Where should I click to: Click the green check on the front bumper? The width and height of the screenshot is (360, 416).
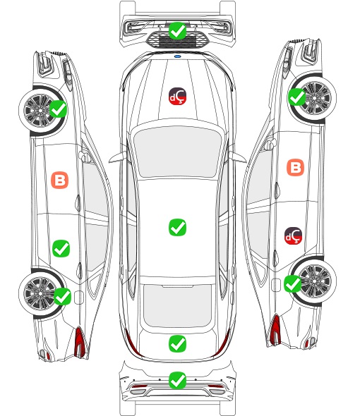pyautogui.click(x=177, y=31)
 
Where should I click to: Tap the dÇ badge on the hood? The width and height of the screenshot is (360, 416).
pyautogui.click(x=177, y=96)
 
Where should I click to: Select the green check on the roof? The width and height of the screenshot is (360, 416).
pyautogui.click(x=177, y=227)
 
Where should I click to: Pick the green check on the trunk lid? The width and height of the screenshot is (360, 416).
pyautogui.click(x=177, y=344)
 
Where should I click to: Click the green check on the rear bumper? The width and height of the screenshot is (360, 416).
pyautogui.click(x=177, y=381)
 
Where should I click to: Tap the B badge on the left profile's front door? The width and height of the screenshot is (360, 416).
pyautogui.click(x=60, y=180)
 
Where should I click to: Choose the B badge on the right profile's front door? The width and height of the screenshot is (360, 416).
pyautogui.click(x=296, y=167)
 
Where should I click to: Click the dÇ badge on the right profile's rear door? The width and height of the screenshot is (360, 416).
pyautogui.click(x=294, y=235)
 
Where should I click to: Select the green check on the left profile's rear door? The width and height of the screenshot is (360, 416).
pyautogui.click(x=61, y=248)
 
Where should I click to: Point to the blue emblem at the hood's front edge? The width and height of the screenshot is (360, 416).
pyautogui.click(x=177, y=56)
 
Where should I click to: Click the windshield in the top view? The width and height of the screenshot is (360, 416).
pyautogui.click(x=177, y=152)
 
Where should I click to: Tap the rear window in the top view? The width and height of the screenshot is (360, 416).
pyautogui.click(x=177, y=305)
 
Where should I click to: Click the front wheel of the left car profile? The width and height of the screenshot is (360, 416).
pyautogui.click(x=40, y=109)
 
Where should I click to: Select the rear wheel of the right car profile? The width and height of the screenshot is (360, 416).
pyautogui.click(x=316, y=281)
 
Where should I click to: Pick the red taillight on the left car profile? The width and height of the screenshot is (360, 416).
pyautogui.click(x=80, y=342)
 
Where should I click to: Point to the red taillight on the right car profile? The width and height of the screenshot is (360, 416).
pyautogui.click(x=275, y=329)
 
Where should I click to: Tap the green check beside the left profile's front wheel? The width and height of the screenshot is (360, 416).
pyautogui.click(x=59, y=109)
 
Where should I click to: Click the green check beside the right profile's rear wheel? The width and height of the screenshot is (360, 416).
pyautogui.click(x=293, y=284)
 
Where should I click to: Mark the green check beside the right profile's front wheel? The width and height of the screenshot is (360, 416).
pyautogui.click(x=296, y=97)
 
